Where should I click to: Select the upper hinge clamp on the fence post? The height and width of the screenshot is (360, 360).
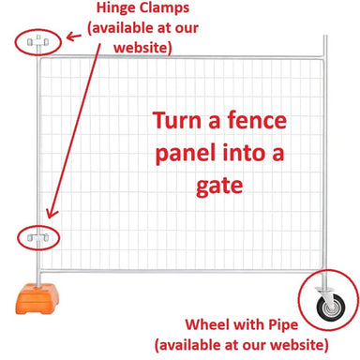(38, 41)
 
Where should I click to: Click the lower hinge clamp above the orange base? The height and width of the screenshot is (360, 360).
(38, 239)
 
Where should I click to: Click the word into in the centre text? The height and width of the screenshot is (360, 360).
(247, 154)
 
